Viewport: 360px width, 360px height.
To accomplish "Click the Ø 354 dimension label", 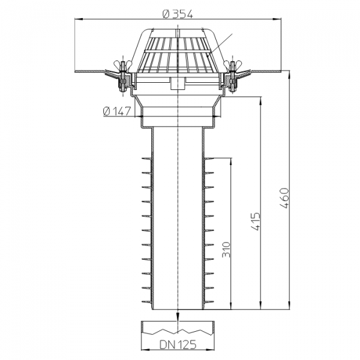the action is [x=178, y=14].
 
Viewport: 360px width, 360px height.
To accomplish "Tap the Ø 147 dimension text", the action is [x=117, y=112].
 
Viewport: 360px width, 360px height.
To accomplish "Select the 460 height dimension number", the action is [x=284, y=198].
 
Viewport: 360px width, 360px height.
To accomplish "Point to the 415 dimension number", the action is [x=256, y=221].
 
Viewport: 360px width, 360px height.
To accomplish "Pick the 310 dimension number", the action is [x=226, y=250].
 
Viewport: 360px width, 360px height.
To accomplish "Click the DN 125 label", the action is [x=178, y=344].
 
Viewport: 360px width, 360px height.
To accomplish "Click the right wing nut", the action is [x=233, y=64].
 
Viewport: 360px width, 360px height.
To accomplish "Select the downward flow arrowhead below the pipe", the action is [x=178, y=316].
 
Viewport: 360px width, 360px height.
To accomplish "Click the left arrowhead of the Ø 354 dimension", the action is [x=78, y=20].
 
